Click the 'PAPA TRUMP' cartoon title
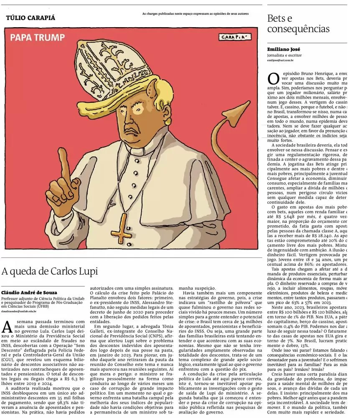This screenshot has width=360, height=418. (x=38, y=38)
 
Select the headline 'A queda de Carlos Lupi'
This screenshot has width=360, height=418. (x=50, y=271)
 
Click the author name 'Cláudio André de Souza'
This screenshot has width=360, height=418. (x=29, y=293)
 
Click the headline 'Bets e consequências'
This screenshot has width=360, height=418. (x=298, y=24)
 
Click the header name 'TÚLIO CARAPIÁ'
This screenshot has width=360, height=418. (x=30, y=18)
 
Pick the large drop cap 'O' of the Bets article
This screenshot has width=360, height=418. (x=273, y=78)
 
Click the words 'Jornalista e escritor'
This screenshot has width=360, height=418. (x=284, y=55)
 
